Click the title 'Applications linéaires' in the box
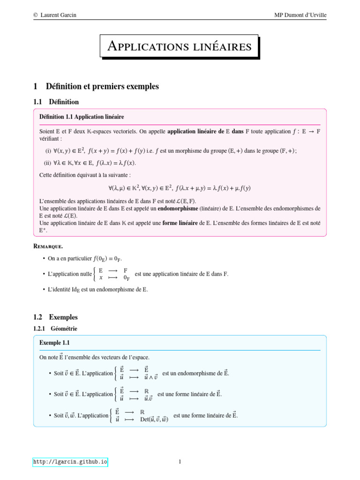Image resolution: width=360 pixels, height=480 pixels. coord(180,46)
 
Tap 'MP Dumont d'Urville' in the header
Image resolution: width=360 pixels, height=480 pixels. coord(300,15)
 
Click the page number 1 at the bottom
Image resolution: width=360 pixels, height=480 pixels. coord(180,462)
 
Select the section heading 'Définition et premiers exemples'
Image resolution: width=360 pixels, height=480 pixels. coord(102,86)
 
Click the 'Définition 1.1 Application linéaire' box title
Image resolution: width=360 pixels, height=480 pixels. coord(82,116)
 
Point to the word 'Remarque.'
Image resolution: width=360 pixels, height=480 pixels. coord(48,246)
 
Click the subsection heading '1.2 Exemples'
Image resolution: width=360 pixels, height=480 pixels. coord(55,317)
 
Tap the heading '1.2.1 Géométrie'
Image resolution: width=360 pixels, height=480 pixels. coord(55,329)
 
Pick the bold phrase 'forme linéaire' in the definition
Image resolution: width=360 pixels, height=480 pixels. coord(180,223)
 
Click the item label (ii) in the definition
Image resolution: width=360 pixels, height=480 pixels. coord(48,163)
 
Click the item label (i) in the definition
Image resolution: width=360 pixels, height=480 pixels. coord(48,150)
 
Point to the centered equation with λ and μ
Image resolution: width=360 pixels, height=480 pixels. coord(180,188)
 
